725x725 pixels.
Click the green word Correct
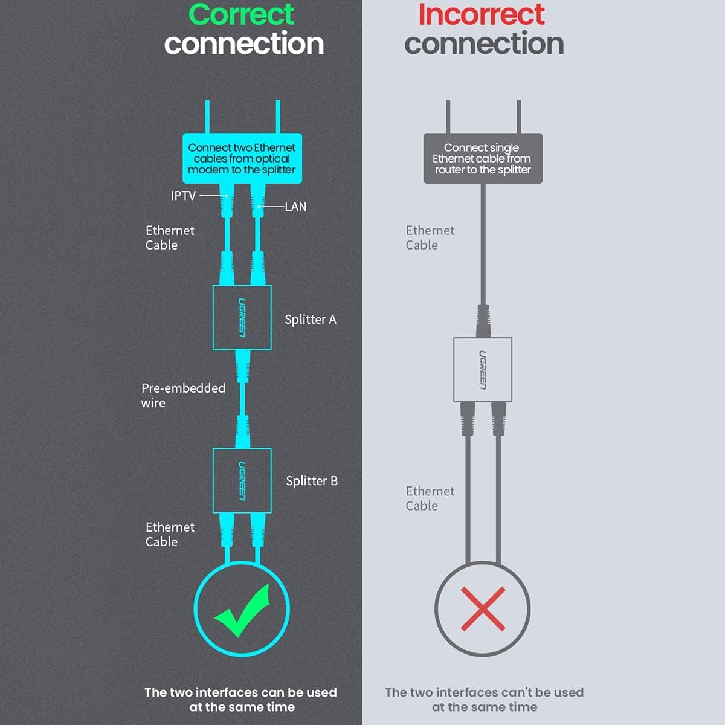tap(242, 14)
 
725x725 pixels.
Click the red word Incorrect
tap(482, 14)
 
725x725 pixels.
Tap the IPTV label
tap(183, 196)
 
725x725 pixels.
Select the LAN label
tap(295, 207)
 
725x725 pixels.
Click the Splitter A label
tap(311, 320)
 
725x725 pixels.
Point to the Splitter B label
tap(312, 481)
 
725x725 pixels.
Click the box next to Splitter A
tap(242, 318)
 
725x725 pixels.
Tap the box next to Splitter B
tap(242, 480)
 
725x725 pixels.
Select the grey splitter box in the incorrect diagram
tap(483, 370)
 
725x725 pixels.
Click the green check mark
tap(243, 611)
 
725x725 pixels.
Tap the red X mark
tap(483, 609)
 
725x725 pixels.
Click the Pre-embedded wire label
tap(183, 395)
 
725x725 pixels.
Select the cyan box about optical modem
tap(242, 158)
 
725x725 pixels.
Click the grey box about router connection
tap(483, 158)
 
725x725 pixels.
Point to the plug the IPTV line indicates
tap(227, 201)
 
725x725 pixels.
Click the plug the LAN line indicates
tap(258, 201)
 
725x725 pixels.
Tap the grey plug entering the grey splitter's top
tap(483, 321)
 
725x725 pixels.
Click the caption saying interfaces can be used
tap(241, 700)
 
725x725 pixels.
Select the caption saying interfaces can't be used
tap(485, 700)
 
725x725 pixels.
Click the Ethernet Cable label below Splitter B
tap(170, 534)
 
